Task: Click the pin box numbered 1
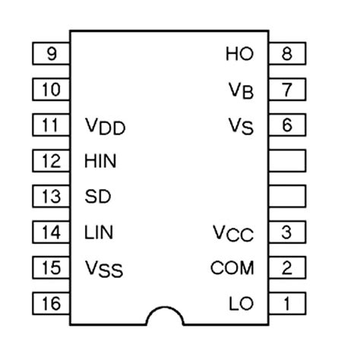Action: click(x=286, y=304)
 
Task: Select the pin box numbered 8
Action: click(x=286, y=54)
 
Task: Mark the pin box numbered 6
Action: click(x=286, y=125)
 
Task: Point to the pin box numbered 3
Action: click(x=286, y=232)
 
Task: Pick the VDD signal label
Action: click(x=104, y=127)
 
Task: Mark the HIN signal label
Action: click(x=100, y=161)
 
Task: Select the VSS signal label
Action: click(x=103, y=270)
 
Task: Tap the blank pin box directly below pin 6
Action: click(x=286, y=161)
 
